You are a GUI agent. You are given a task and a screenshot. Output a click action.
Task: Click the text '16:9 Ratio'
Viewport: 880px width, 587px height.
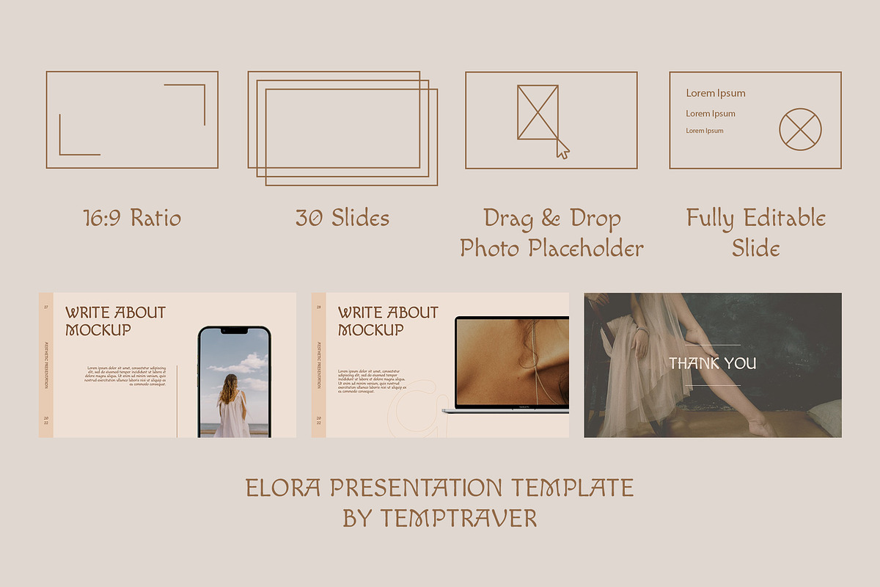pos(132,218)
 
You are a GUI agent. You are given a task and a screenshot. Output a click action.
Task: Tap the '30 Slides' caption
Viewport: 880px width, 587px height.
pos(342,218)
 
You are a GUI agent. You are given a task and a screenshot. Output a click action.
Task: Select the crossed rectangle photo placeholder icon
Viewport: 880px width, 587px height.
pos(538,112)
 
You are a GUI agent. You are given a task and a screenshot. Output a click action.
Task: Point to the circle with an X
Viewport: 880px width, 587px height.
pos(800,129)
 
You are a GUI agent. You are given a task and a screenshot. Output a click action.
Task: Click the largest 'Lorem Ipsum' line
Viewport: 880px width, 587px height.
pos(716,93)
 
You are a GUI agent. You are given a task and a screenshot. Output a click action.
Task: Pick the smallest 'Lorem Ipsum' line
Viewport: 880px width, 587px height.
pos(705,131)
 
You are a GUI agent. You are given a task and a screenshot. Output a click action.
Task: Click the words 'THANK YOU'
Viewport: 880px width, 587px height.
pos(712,363)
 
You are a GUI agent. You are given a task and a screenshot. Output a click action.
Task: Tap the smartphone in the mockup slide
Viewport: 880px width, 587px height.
pos(234,382)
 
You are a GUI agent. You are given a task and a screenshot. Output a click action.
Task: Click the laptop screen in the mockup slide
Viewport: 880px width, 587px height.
pos(512,360)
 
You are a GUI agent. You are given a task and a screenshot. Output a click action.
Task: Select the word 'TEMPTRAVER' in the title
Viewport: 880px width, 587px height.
pos(459,518)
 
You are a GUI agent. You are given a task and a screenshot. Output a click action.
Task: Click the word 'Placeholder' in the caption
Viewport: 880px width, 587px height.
pos(587,248)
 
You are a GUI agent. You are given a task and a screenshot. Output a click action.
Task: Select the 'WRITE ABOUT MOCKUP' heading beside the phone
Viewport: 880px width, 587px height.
pos(116,321)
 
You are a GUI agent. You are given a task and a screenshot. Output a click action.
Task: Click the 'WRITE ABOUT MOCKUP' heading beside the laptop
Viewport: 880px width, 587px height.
pos(389,321)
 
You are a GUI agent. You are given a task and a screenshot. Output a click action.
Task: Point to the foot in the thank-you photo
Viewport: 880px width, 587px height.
pos(763,426)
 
